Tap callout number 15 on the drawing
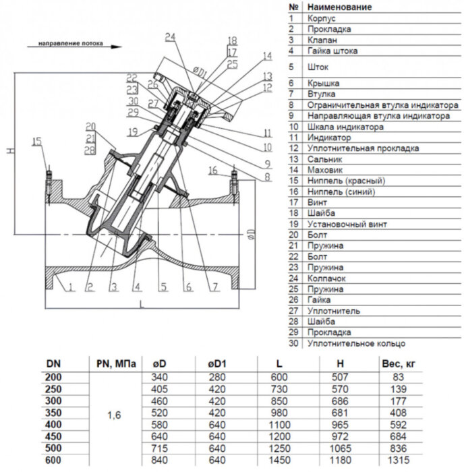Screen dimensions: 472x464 (x=36, y=140)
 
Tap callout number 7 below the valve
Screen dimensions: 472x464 (x=214, y=287)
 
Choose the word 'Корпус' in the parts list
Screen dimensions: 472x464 (x=321, y=18)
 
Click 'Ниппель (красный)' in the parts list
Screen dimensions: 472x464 (x=346, y=181)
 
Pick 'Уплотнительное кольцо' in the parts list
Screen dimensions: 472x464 (x=357, y=343)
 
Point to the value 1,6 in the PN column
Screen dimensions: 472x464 (x=115, y=415)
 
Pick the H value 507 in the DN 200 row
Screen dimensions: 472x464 (x=340, y=377)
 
